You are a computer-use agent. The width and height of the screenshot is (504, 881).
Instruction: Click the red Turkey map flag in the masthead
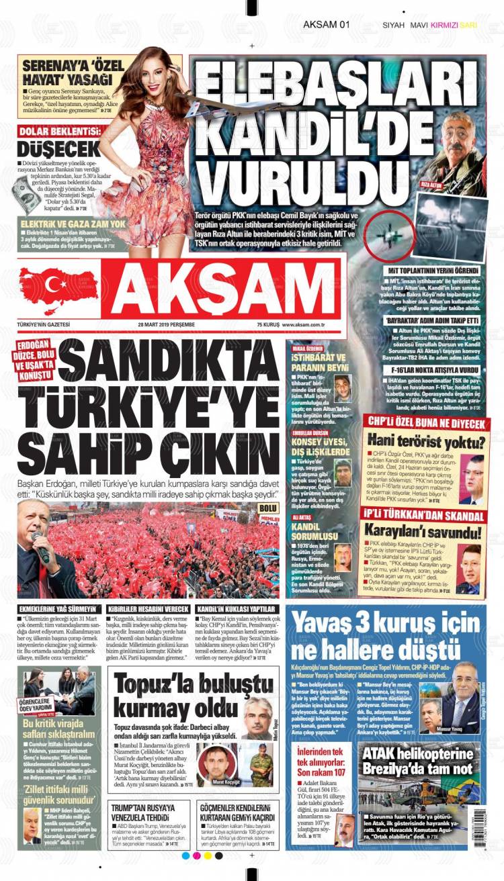click(x=58, y=285)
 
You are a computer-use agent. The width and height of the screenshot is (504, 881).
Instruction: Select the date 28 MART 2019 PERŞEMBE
click(x=166, y=324)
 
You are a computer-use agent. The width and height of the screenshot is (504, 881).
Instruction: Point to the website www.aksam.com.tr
click(x=304, y=324)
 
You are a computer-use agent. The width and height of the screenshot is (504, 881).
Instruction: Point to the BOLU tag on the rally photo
click(x=268, y=508)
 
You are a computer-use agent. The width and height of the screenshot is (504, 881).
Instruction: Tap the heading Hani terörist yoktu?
click(x=426, y=442)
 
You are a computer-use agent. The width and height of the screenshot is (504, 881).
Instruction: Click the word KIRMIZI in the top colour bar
click(x=444, y=25)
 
